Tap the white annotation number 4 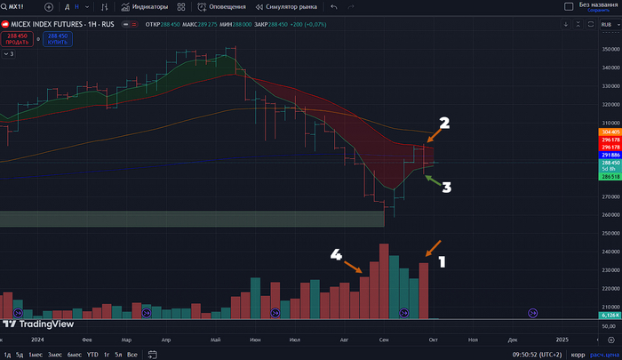tap(336, 254)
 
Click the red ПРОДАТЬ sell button tap(18, 39)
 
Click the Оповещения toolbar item tap(222, 6)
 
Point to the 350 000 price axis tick tap(610, 49)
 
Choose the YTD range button tap(92, 355)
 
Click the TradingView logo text tap(43, 324)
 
